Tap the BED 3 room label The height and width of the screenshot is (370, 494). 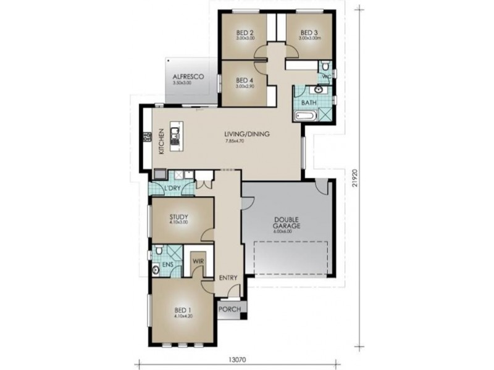coord(309,33)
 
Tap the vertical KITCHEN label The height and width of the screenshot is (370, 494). coord(161,141)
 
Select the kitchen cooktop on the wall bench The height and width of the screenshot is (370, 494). coord(148,138)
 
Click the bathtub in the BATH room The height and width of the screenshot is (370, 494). coord(306,116)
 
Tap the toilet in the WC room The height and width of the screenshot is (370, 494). coord(326,67)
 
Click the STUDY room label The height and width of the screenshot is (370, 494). coord(178,217)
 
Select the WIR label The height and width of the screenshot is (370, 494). coord(198,261)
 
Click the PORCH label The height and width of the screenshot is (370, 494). coord(230,308)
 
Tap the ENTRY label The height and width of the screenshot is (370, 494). coord(228,278)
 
